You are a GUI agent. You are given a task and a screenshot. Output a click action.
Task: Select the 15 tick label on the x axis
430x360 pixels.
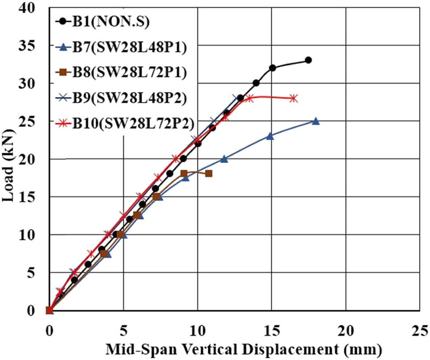[271, 330]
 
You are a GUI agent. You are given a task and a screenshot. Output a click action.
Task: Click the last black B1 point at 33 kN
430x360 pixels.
[308, 60]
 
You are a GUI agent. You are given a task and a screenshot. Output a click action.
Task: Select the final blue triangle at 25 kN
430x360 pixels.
[315, 121]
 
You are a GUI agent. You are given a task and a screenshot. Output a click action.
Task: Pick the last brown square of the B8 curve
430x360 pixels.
[209, 174]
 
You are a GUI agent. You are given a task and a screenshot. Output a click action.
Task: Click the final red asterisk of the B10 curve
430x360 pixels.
[294, 98]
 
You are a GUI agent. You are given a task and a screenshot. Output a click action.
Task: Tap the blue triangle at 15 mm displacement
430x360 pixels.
[270, 136]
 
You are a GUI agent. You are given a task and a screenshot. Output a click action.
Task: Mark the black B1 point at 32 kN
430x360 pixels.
[273, 68]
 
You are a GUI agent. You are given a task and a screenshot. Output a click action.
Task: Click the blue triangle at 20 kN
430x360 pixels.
[224, 159]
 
